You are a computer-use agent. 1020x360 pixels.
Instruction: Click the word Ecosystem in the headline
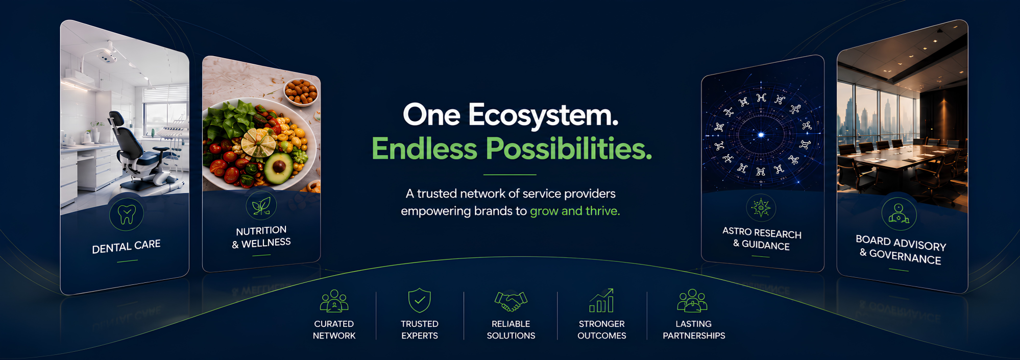pyautogui.click(x=543, y=115)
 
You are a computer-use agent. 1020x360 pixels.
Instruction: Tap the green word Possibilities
pyautogui.click(x=569, y=149)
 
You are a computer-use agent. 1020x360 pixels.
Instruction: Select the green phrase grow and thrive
pyautogui.click(x=575, y=211)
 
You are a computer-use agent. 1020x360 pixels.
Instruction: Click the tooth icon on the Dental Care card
pyautogui.click(x=127, y=214)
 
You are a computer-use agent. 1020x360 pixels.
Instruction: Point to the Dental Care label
pyautogui.click(x=126, y=246)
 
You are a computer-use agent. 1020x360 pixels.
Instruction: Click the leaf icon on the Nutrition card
pyautogui.click(x=261, y=206)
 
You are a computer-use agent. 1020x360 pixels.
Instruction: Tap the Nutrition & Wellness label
pyautogui.click(x=261, y=237)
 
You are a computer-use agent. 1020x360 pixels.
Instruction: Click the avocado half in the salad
pyautogui.click(x=278, y=168)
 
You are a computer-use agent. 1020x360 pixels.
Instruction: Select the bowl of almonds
pyautogui.click(x=301, y=91)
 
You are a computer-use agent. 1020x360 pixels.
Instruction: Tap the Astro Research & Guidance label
pyautogui.click(x=762, y=238)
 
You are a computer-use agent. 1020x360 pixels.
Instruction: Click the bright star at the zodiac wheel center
pyautogui.click(x=761, y=135)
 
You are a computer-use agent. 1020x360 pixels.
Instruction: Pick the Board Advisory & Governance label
pyautogui.click(x=901, y=250)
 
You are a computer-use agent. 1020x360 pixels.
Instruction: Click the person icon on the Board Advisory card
pyautogui.click(x=898, y=213)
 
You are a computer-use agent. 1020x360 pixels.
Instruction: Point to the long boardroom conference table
pyautogui.click(x=904, y=158)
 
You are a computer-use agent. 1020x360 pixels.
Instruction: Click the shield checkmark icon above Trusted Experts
pyautogui.click(x=420, y=300)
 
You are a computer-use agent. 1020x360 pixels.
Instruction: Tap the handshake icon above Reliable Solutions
pyautogui.click(x=511, y=301)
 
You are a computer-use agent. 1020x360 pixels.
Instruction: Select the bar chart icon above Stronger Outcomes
pyautogui.click(x=602, y=301)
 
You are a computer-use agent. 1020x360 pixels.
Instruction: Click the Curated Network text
pyautogui.click(x=334, y=330)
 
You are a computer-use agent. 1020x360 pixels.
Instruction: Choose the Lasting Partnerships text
pyautogui.click(x=694, y=330)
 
